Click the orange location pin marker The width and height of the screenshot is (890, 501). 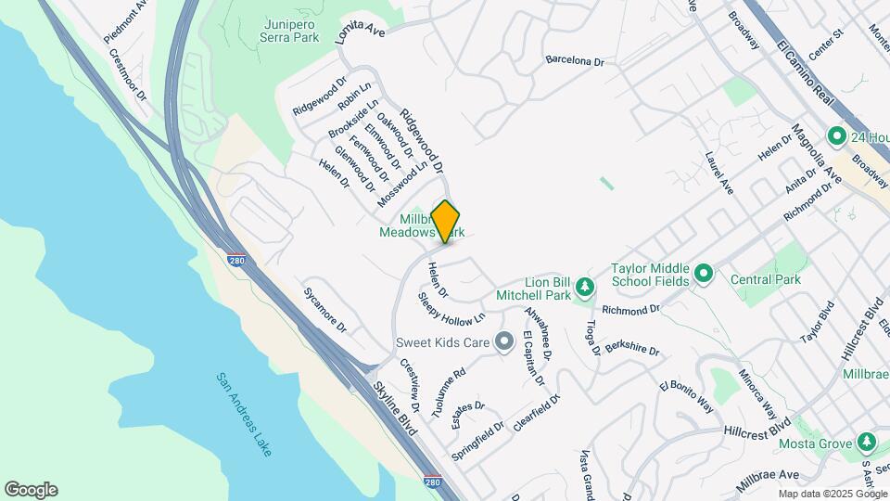(x=446, y=221)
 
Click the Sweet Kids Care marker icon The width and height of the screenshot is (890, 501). (x=504, y=343)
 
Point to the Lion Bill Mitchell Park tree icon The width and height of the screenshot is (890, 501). (x=584, y=285)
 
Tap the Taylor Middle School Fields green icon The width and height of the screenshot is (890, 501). (x=703, y=274)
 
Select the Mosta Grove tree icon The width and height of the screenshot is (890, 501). (x=867, y=441)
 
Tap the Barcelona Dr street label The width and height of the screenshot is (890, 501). (x=575, y=60)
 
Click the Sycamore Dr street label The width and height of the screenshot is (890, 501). (x=324, y=310)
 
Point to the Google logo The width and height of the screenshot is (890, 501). (x=31, y=490)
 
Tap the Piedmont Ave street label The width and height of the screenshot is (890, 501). (x=127, y=20)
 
